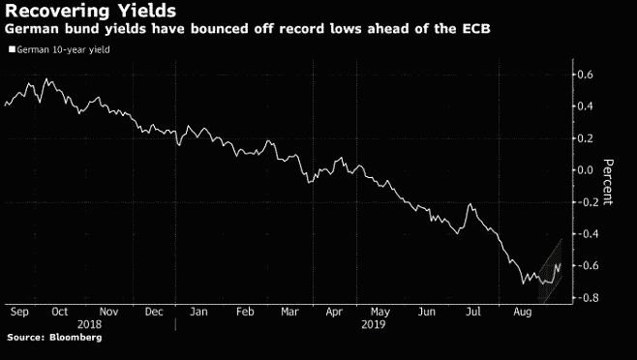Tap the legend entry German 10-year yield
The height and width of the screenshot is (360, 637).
click(60, 47)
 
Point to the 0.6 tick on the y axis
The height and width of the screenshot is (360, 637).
click(584, 75)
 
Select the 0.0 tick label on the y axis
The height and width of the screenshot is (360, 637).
click(584, 170)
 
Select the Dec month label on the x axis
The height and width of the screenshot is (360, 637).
click(154, 313)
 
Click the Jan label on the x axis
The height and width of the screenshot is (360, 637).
click(199, 313)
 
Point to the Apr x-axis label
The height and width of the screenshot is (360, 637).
click(336, 313)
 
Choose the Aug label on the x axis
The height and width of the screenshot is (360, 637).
click(523, 313)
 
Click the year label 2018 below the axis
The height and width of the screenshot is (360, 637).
click(89, 325)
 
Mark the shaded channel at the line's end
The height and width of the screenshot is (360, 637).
click(550, 271)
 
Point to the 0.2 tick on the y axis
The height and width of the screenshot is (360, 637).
click(584, 138)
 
